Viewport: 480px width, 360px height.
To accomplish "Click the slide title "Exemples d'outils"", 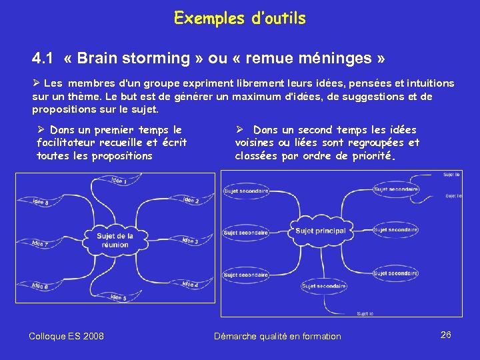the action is (239, 18).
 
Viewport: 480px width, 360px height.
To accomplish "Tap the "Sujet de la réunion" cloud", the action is (115, 240).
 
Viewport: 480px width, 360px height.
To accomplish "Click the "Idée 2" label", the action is (191, 200).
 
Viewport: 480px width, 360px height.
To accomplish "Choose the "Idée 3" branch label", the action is (190, 240).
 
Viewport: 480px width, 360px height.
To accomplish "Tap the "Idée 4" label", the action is (190, 284).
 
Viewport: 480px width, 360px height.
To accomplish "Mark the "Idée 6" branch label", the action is (40, 286).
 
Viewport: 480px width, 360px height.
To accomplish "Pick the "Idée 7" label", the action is (40, 244).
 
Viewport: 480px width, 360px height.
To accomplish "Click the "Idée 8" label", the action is (41, 202).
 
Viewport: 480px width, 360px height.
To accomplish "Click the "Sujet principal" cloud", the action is (320, 231).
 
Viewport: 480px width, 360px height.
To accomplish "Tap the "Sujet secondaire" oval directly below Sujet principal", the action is (324, 286).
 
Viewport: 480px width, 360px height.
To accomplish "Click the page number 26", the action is (446, 335).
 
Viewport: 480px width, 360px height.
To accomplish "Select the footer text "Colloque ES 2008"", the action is (66, 336).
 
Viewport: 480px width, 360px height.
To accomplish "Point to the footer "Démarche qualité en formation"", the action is (277, 336).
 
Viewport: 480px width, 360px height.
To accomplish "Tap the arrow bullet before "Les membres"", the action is (37, 83).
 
